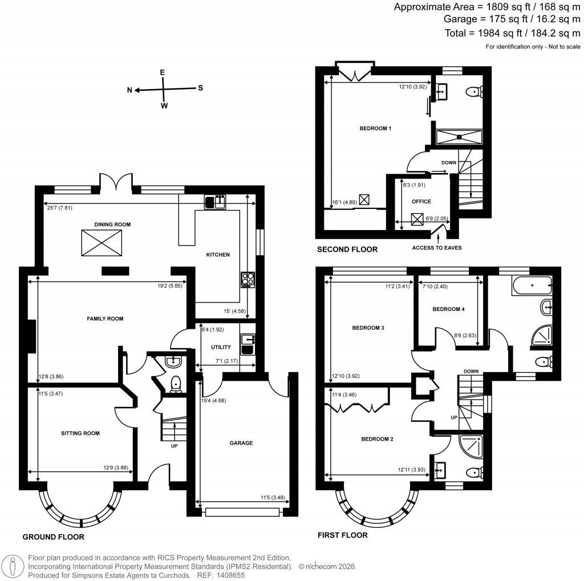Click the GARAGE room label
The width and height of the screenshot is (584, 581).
pos(242,442)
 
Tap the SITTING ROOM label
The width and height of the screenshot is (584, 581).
pos(80,433)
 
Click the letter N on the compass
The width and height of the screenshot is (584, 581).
pos(129,90)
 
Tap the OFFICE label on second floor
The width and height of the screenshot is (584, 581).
pos(421,201)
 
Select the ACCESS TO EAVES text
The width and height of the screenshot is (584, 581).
pos(436,247)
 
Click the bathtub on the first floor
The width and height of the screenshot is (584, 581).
pos(531,284)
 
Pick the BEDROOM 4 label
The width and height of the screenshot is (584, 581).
pos(448,309)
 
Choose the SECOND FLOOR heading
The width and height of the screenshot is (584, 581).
pos(347,249)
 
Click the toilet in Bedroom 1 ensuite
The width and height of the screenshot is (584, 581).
pos(474,91)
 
